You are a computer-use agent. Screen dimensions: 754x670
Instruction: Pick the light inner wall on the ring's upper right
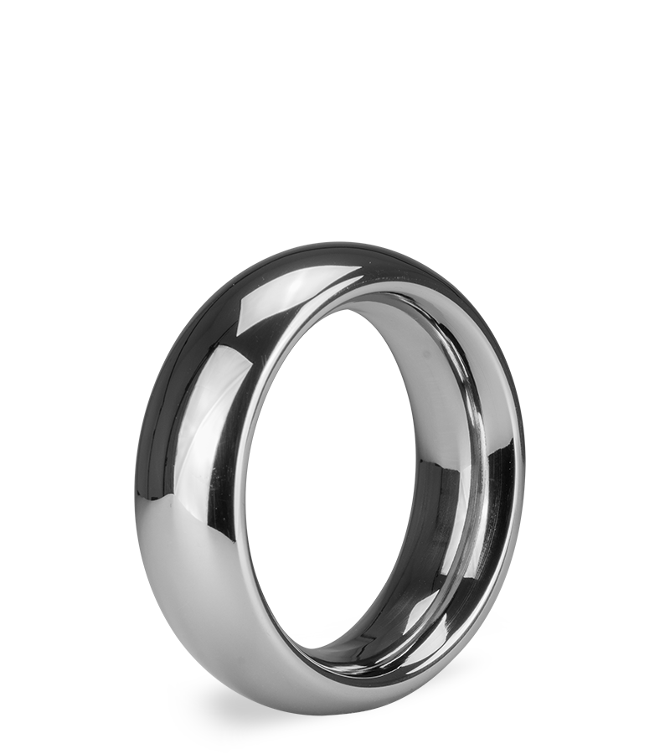(435, 335)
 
